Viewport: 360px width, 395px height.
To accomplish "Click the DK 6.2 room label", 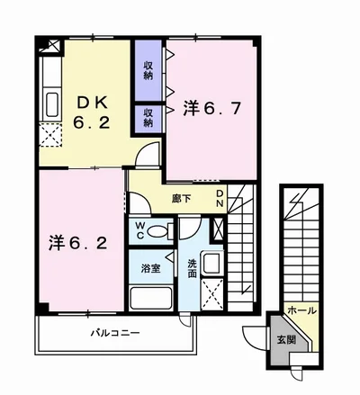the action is click(x=92, y=113).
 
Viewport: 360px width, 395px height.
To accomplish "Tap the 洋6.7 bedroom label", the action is click(x=211, y=108).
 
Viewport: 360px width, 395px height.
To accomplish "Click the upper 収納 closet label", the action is click(x=148, y=70).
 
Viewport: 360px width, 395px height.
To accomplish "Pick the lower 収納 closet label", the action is click(x=148, y=118).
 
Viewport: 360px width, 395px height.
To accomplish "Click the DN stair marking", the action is click(x=220, y=198).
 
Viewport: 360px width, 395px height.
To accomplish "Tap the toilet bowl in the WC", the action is click(x=158, y=232).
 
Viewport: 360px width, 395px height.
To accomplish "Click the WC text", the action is click(x=139, y=230).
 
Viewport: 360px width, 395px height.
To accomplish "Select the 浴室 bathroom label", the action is click(x=151, y=268).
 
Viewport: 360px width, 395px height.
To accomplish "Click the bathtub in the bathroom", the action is click(x=151, y=298).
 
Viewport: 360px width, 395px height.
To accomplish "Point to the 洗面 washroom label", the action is click(x=192, y=268).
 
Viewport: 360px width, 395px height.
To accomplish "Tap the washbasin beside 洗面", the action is click(x=211, y=264).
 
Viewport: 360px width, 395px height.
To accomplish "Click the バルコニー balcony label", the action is click(x=115, y=333).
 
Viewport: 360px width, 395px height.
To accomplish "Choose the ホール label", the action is click(x=301, y=310).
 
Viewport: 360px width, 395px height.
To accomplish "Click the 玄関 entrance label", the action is click(x=286, y=340).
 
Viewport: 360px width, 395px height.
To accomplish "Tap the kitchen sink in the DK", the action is click(x=52, y=104).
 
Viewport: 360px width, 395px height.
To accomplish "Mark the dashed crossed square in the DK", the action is click(x=50, y=135).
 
